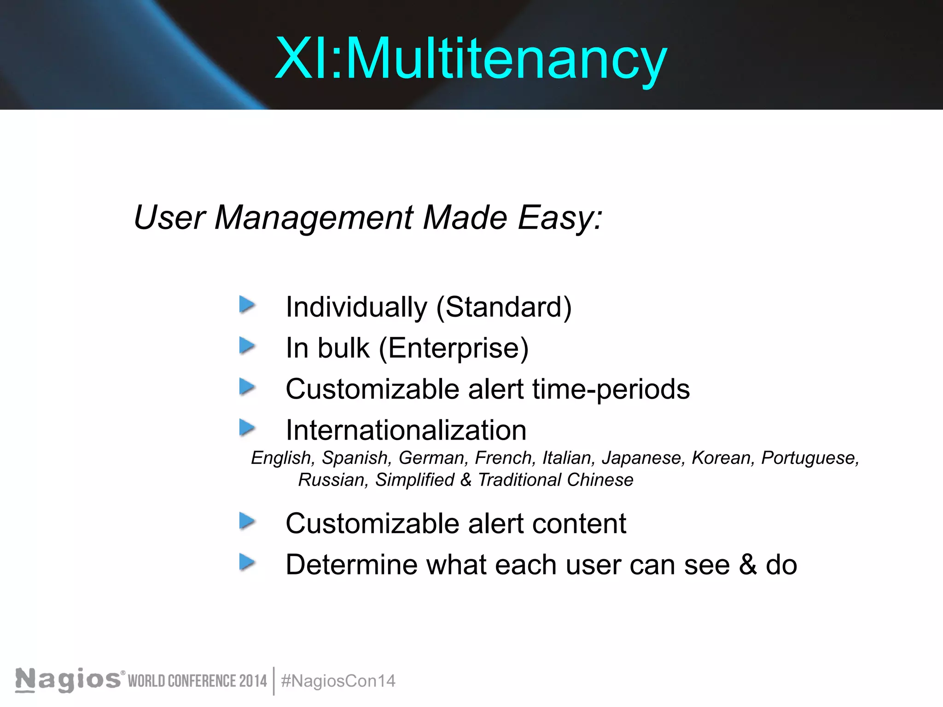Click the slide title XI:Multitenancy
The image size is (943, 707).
[471, 59]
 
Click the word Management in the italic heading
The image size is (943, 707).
[314, 217]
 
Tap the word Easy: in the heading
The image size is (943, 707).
[560, 217]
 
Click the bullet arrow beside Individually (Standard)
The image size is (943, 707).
[247, 305]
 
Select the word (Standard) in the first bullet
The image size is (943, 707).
[504, 307]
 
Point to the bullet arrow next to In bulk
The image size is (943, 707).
[247, 346]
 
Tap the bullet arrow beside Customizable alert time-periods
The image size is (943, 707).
[247, 387]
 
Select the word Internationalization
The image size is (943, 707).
[406, 430]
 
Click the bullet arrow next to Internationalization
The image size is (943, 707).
[247, 428]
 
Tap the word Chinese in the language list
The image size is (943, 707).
[600, 480]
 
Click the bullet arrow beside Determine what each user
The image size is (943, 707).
[247, 562]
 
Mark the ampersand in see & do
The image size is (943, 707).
[748, 565]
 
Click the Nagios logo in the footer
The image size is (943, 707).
[68, 680]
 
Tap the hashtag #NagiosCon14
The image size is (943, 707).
[338, 681]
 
